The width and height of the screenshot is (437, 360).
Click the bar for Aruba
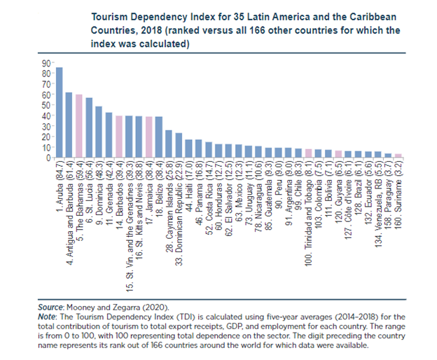coord(60,113)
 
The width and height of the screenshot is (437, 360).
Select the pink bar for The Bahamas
coord(79,126)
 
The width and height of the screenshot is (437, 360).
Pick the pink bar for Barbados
coord(119,137)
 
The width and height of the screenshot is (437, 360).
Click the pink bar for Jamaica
coord(148,137)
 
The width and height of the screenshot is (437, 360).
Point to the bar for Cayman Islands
coord(169,144)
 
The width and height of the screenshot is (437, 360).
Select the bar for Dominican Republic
coord(179,146)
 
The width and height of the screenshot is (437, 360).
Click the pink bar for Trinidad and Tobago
coord(309,153)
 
